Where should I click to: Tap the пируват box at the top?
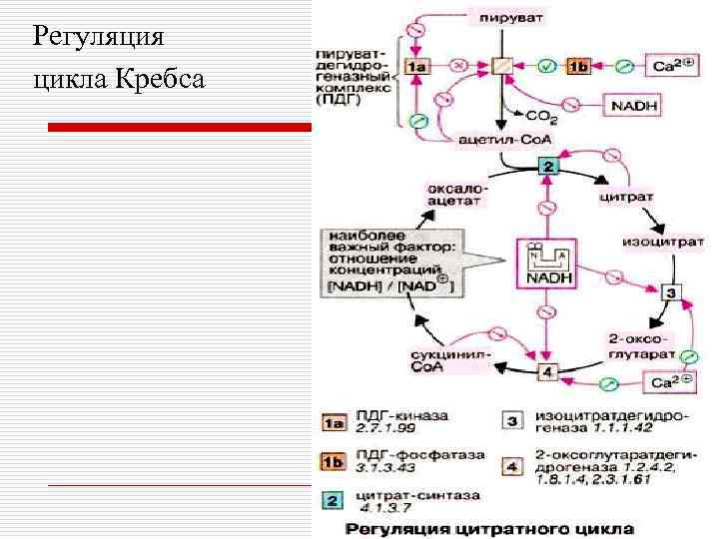click(500, 19)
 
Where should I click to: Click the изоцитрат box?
click(663, 241)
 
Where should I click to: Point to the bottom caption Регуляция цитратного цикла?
click(489, 527)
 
